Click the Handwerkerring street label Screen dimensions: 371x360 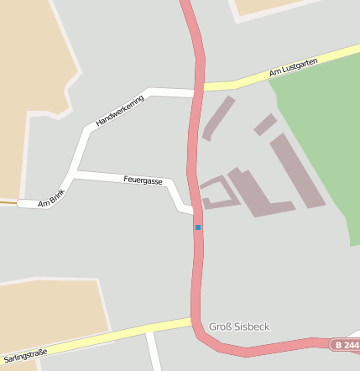[120, 111]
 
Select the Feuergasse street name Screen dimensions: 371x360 [143, 180]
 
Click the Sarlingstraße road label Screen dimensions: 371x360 [24, 349]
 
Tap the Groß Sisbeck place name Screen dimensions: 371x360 [239, 326]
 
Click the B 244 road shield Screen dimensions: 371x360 [345, 345]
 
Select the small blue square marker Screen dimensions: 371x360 [198, 227]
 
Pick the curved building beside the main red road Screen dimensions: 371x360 [216, 118]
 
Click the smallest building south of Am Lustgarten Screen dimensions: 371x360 [264, 124]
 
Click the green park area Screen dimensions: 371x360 [319, 126]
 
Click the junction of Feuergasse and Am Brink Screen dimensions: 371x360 [75, 175]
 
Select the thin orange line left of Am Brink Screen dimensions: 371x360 [8, 202]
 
